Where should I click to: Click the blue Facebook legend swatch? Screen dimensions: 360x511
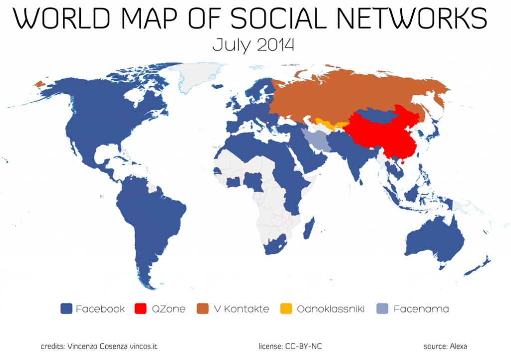[x=66, y=309]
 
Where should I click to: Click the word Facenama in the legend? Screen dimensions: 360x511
[x=421, y=309]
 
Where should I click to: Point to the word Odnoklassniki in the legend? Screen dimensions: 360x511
[x=331, y=309]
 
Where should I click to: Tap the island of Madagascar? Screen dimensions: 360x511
[x=309, y=230]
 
